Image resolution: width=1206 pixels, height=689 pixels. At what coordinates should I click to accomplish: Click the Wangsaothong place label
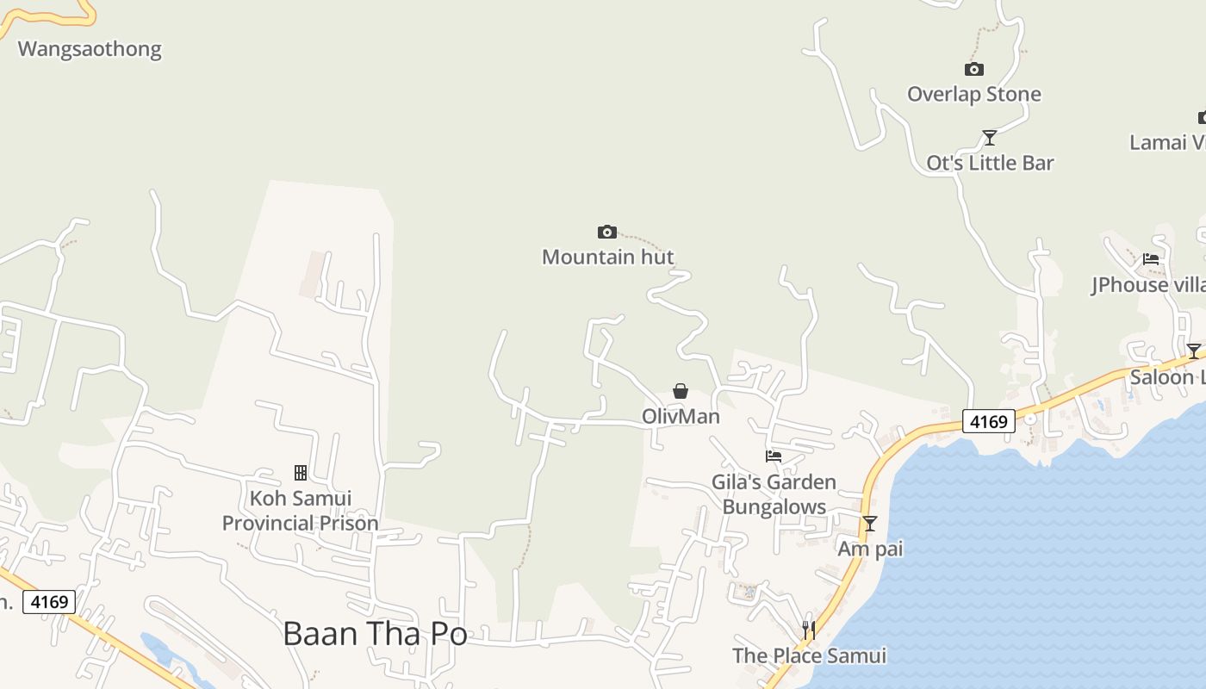tap(90, 49)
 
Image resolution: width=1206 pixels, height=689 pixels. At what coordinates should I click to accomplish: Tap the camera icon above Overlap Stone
tap(973, 70)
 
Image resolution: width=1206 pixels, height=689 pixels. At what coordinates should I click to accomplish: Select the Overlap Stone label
tap(973, 94)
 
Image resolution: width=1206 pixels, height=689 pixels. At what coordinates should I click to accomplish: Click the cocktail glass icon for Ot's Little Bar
tap(990, 138)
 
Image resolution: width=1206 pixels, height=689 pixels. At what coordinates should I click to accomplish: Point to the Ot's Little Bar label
tap(990, 163)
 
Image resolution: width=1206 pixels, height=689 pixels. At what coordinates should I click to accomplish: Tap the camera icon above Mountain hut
tap(606, 232)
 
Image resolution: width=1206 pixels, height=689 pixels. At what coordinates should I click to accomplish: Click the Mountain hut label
tap(607, 257)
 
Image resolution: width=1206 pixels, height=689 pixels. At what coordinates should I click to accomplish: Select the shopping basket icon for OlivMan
tap(681, 392)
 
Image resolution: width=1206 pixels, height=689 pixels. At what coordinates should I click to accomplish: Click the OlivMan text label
tap(681, 417)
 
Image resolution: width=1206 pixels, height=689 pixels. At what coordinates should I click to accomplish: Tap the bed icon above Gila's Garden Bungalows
tap(774, 456)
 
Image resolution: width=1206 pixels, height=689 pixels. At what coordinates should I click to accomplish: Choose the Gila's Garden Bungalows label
tap(774, 494)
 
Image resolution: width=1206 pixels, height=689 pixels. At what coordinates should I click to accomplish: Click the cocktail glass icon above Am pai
tap(870, 524)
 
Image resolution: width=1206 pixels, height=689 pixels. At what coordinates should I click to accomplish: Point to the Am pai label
tap(870, 549)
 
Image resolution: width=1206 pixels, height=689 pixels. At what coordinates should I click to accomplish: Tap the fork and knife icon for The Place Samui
tap(808, 630)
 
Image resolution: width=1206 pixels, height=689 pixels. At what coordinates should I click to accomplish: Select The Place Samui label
tap(809, 655)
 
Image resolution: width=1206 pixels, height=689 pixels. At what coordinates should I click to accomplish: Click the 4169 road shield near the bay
tap(989, 422)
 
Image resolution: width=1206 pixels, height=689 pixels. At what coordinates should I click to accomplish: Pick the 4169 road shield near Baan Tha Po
tap(49, 601)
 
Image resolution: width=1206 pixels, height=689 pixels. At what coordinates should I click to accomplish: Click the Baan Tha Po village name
tap(375, 634)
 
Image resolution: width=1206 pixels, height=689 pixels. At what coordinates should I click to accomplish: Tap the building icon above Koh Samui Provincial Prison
tap(301, 473)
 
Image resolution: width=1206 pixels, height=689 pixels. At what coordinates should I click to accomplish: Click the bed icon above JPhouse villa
tap(1151, 259)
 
